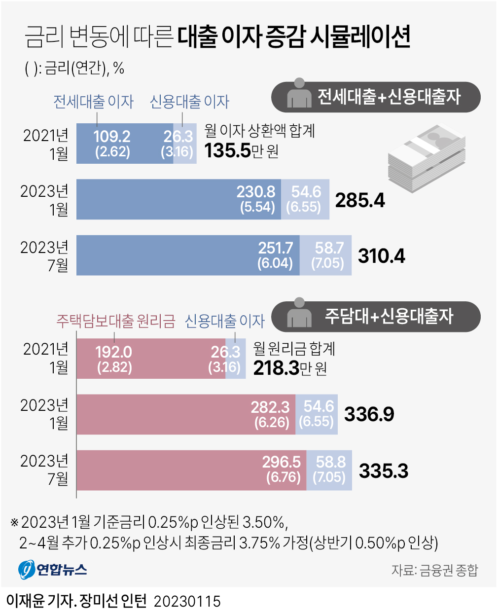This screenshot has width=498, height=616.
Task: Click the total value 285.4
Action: point(360,200)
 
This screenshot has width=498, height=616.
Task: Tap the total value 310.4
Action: point(381,256)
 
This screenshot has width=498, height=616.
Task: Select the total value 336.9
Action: point(369,414)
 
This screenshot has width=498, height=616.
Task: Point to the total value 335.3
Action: point(383,471)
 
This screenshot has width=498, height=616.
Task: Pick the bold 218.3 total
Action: point(276,368)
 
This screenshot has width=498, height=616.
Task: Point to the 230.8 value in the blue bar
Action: point(256,192)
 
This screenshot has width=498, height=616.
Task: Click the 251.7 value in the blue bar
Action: point(276,248)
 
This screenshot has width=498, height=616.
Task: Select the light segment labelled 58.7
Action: point(326,255)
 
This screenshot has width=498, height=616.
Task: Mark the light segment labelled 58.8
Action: point(329,470)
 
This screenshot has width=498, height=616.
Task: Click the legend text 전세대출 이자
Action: point(94,102)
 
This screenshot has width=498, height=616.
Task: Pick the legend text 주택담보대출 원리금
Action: point(116,321)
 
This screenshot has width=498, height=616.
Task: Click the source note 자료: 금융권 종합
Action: point(434,570)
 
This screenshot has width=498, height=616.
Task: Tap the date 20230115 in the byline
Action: point(187,602)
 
